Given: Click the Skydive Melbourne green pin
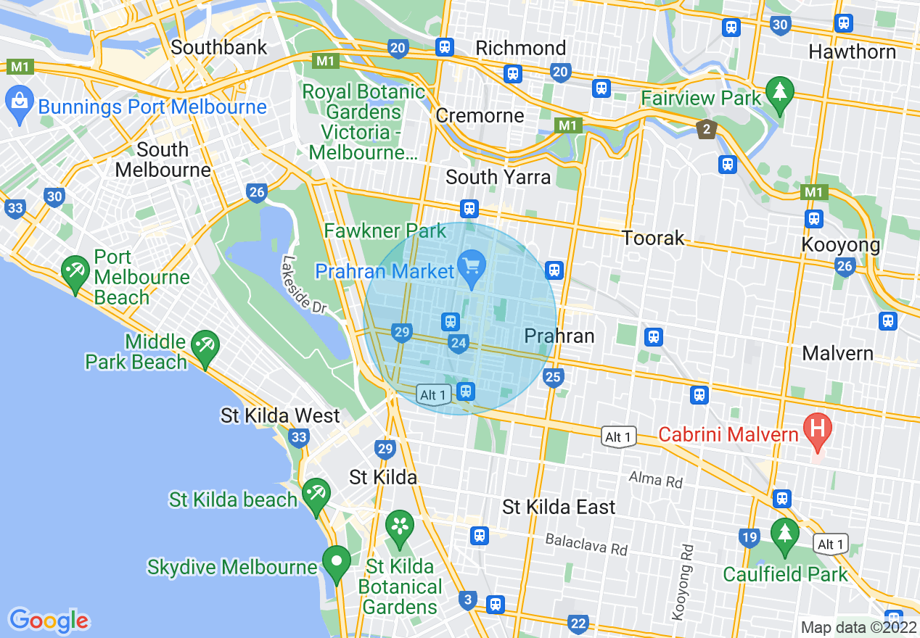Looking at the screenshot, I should pos(337,563).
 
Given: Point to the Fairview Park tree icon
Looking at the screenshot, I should pos(780,92).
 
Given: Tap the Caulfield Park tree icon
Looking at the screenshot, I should pos(784,534).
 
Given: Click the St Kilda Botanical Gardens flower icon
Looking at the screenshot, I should pos(400,526).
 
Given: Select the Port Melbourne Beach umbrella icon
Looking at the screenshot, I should pos(75,273).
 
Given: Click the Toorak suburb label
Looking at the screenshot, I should pos(653,238).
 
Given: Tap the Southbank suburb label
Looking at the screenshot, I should pos(219,48).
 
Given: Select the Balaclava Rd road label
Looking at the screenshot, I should pos(586,545).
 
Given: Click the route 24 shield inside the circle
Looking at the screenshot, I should pos(459,344).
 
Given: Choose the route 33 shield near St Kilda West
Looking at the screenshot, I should pos(298,437).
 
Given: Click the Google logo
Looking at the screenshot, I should pos(49,620).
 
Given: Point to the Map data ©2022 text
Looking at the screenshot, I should pos(857,626).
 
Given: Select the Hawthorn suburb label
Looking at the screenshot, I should pos(852,52).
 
